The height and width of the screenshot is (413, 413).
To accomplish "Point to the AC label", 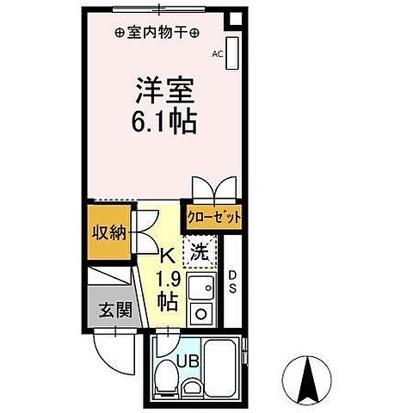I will [218, 54].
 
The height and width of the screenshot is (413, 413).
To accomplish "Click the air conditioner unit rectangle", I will [231, 52].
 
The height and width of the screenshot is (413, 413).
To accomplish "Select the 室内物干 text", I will [157, 34].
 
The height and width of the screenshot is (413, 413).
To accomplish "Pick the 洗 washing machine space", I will [199, 254].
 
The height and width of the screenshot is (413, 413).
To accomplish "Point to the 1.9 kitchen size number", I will [168, 279].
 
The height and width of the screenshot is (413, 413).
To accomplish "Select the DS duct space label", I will [231, 281].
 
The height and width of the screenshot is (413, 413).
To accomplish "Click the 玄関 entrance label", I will [108, 308].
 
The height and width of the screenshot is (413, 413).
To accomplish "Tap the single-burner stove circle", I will [203, 313].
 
